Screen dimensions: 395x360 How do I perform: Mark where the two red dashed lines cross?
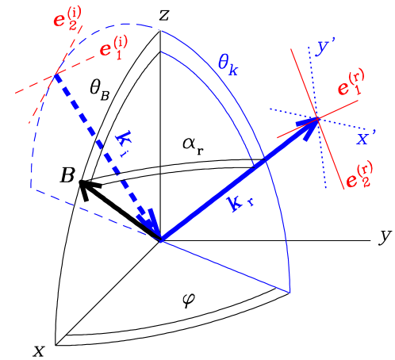[x=56, y=76]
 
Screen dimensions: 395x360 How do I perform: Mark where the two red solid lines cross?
[x=318, y=119]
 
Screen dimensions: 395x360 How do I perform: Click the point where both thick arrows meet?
[x=162, y=238]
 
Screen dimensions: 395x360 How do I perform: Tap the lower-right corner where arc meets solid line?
[x=290, y=291]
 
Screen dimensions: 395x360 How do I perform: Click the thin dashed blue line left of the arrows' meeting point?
[x=95, y=213]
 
